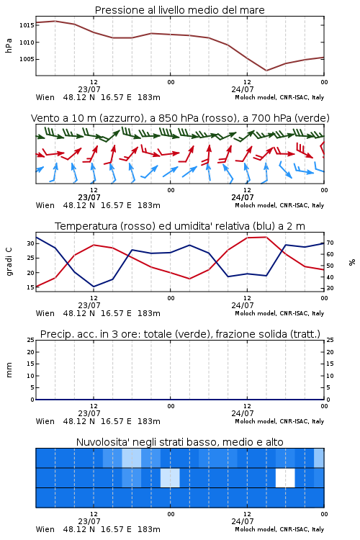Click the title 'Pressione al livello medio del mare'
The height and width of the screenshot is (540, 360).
point(179,10)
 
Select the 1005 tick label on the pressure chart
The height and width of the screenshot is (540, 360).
point(27,59)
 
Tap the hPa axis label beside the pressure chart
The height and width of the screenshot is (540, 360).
point(9,45)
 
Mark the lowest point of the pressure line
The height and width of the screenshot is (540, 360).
point(266,71)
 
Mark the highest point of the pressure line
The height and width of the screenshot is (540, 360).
point(55,21)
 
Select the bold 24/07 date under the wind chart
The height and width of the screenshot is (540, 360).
point(243,197)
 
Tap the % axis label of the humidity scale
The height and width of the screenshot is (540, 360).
point(352,262)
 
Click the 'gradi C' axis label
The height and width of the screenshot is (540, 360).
point(9,261)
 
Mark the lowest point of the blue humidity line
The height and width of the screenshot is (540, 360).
point(94,287)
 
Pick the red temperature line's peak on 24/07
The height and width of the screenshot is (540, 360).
point(266,237)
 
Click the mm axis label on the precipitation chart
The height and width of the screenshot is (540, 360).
point(9,369)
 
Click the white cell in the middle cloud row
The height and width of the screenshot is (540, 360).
point(285,477)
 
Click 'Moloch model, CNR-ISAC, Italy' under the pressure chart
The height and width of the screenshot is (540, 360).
point(279,97)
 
